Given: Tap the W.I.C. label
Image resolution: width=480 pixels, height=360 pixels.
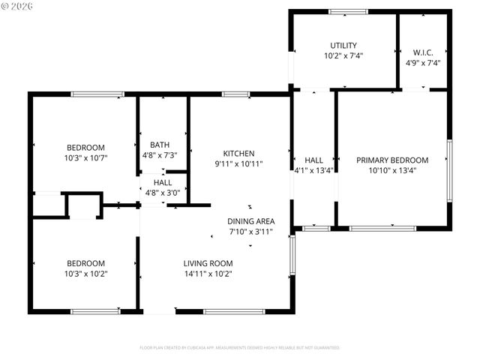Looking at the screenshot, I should (x=423, y=52).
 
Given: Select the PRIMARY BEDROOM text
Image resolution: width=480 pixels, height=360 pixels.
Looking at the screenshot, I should (x=391, y=160).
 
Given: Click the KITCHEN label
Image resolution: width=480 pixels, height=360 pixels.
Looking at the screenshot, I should (x=239, y=153).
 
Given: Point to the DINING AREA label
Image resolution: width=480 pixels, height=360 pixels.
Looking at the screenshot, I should (x=251, y=221).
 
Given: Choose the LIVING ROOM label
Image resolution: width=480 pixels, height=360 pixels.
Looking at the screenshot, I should (x=208, y=263).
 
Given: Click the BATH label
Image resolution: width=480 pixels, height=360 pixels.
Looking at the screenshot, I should (x=160, y=145).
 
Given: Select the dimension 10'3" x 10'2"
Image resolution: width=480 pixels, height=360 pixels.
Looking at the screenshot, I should (x=85, y=274).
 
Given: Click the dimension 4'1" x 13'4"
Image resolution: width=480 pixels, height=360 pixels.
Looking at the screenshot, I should (x=313, y=170).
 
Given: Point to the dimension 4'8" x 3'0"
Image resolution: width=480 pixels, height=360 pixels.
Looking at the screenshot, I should (x=163, y=193).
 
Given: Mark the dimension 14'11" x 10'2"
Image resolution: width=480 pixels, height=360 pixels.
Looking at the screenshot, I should (x=208, y=274).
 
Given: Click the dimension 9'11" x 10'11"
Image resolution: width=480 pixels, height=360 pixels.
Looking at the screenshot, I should (x=239, y=163).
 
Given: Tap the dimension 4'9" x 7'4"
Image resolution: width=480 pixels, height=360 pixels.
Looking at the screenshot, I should (x=423, y=63).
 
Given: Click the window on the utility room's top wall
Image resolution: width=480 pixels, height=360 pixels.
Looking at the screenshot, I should (x=349, y=11).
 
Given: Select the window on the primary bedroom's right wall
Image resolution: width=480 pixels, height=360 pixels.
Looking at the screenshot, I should (x=449, y=170).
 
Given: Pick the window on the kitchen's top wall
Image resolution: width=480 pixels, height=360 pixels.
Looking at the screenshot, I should (x=236, y=94).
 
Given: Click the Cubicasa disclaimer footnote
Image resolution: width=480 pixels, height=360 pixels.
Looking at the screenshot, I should (x=240, y=348).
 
